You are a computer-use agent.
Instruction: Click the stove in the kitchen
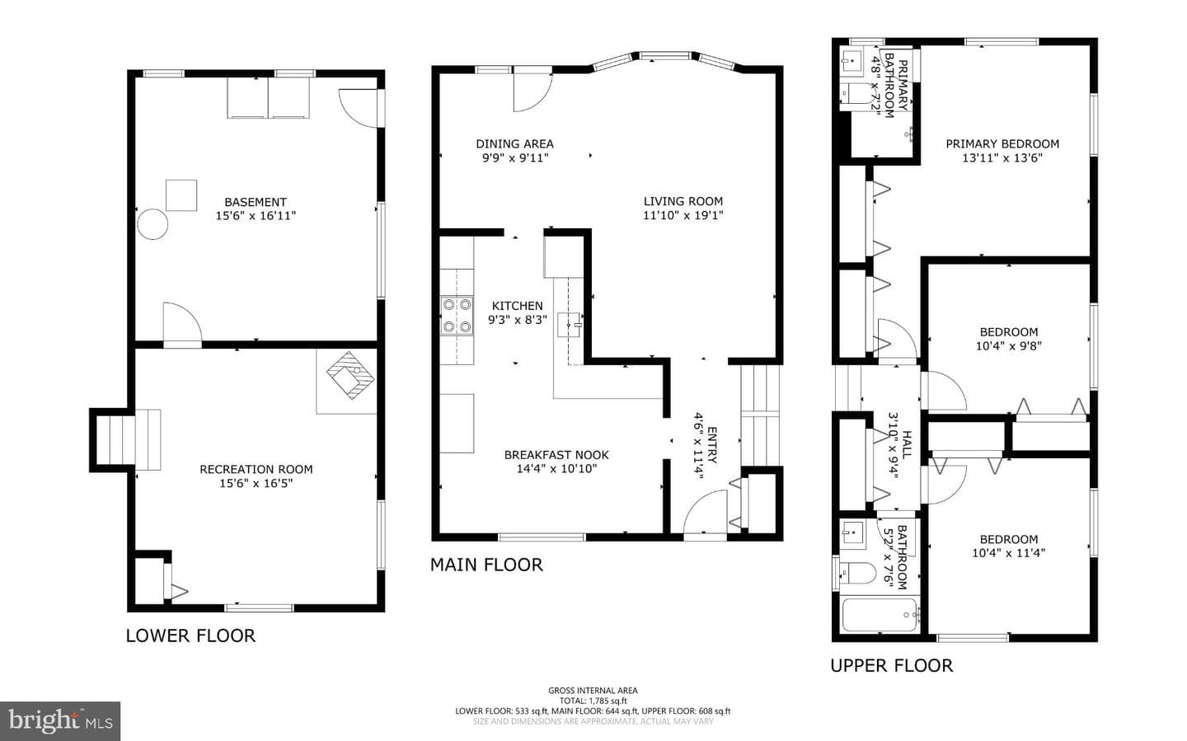tap(457, 316)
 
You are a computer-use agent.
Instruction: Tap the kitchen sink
tap(569, 325)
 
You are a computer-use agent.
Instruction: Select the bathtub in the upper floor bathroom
tap(880, 615)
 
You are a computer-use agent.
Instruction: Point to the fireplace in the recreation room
tap(350, 375)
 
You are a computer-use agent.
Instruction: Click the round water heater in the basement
tap(152, 224)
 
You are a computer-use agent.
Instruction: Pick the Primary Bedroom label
tap(1002, 143)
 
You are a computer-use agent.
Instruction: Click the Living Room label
tap(683, 201)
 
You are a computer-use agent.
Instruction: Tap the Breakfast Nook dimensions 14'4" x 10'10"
tap(557, 468)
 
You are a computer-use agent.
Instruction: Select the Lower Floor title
tap(190, 635)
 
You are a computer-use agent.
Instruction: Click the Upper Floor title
tap(892, 665)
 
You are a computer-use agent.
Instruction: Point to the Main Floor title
tap(486, 565)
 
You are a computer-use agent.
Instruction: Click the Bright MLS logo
tap(60, 721)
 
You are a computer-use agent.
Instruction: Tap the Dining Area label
tap(514, 143)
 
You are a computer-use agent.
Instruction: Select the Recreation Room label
tap(256, 469)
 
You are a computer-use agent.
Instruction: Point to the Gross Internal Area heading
tap(593, 690)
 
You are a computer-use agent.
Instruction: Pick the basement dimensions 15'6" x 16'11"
tap(256, 216)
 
